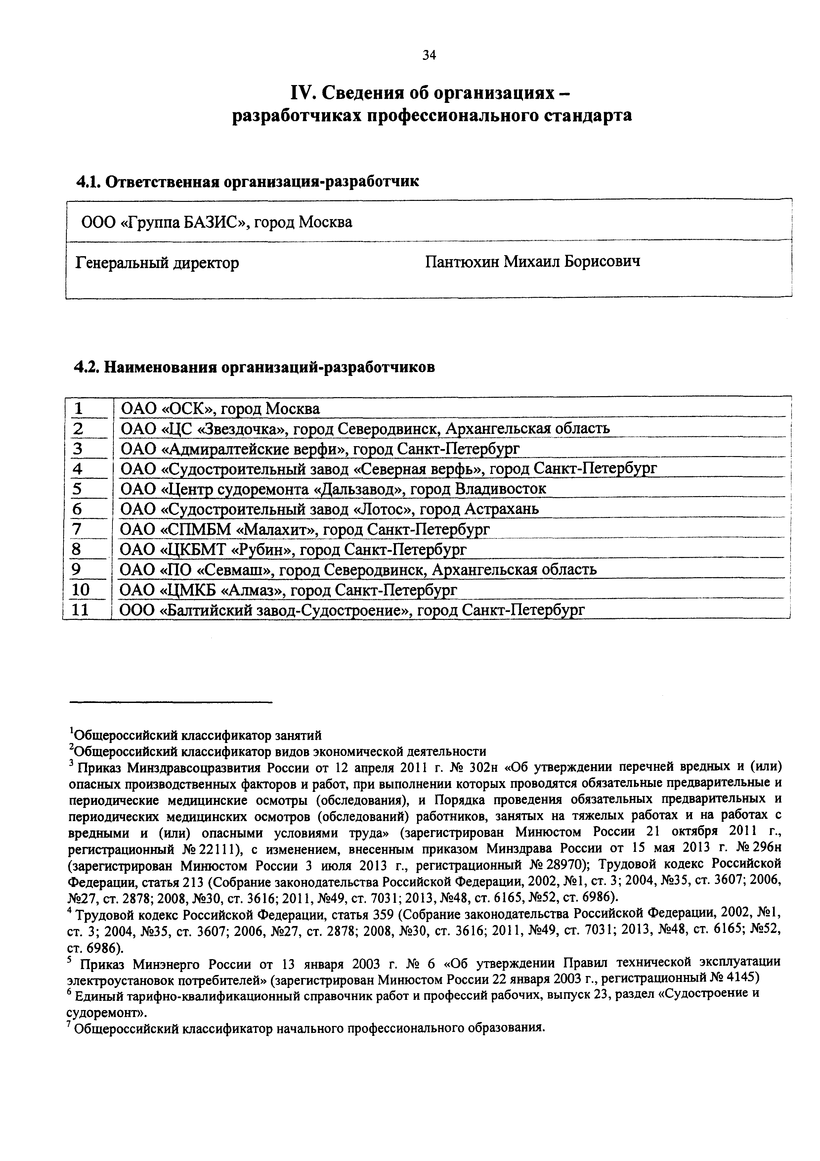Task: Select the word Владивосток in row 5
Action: [500, 489]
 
